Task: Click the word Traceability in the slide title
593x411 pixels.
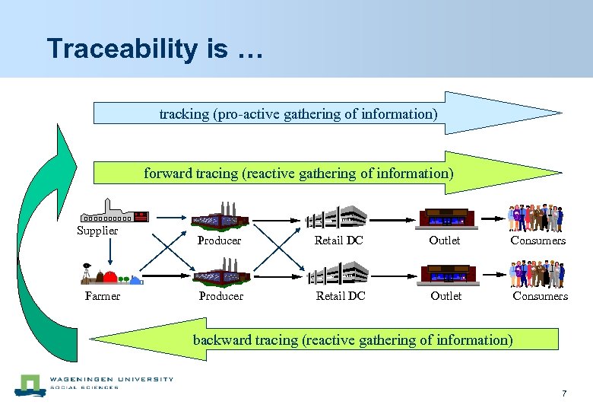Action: pyautogui.click(x=121, y=49)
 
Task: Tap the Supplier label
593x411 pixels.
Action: pyautogui.click(x=97, y=231)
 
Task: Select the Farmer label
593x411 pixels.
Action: pyautogui.click(x=103, y=296)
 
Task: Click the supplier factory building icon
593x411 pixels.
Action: pyautogui.click(x=114, y=212)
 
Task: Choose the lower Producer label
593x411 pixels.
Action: pyautogui.click(x=221, y=296)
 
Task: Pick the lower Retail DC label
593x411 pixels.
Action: pyautogui.click(x=341, y=296)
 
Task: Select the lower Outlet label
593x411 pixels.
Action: pyautogui.click(x=446, y=296)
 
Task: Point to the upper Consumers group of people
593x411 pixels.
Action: pyautogui.click(x=537, y=218)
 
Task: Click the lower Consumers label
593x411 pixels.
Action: pyautogui.click(x=540, y=296)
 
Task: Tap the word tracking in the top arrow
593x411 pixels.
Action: pyautogui.click(x=183, y=114)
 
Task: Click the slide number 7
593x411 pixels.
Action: pyautogui.click(x=564, y=393)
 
